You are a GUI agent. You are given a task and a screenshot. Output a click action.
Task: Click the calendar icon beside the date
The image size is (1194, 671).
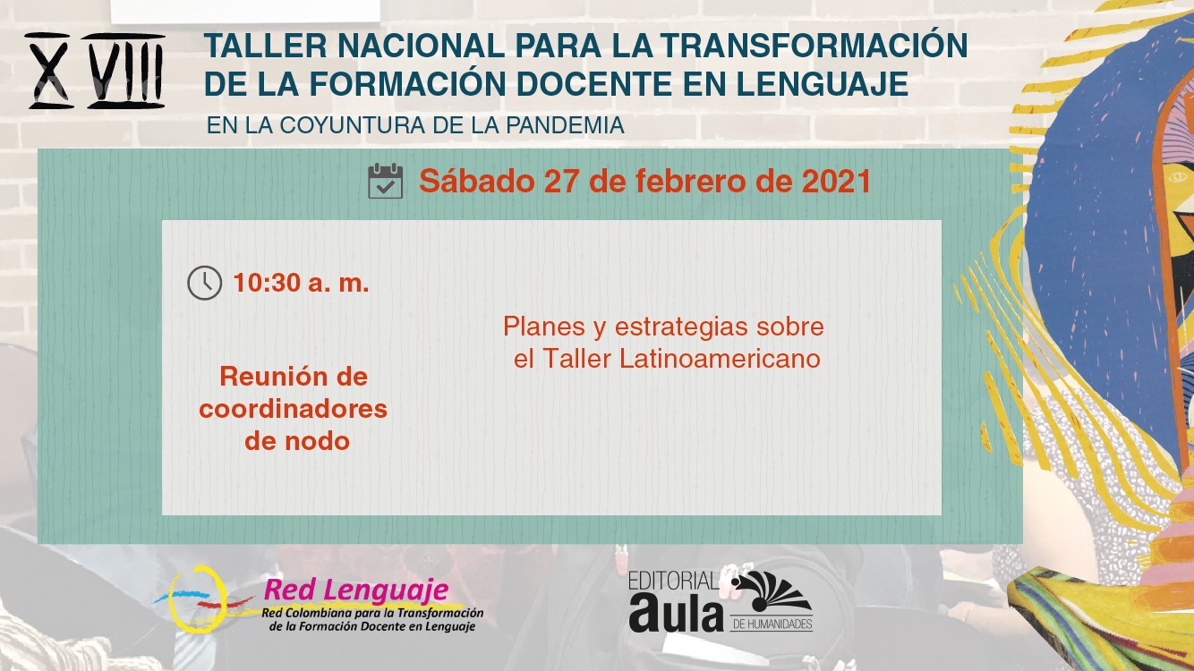click(386, 182)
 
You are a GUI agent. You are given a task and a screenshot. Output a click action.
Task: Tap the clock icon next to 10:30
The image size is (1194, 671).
click(205, 283)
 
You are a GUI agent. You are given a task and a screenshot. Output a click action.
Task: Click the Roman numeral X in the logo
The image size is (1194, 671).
click(49, 71)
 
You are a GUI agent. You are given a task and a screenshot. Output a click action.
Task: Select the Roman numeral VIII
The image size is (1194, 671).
click(126, 71)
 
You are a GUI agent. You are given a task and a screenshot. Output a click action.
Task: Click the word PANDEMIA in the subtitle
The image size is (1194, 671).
click(565, 125)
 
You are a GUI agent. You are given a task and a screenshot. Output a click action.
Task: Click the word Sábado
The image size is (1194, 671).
click(477, 182)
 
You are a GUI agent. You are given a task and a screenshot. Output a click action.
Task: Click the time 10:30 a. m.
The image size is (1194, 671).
click(301, 283)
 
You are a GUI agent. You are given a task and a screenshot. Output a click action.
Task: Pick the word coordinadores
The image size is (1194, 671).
click(294, 410)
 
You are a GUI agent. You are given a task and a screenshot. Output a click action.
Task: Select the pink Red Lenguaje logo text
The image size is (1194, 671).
click(356, 590)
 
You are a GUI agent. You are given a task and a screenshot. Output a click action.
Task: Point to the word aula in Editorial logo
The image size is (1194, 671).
click(676, 612)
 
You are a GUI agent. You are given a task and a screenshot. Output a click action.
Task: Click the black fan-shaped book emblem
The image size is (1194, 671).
click(772, 591)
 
